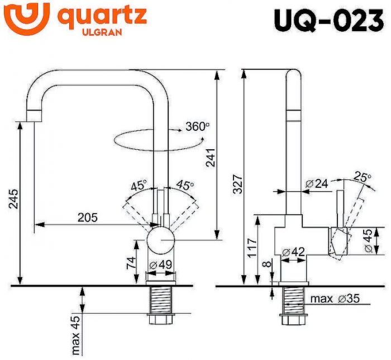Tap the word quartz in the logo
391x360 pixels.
103,16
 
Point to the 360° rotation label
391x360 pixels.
197,127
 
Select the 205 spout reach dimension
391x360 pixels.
87,217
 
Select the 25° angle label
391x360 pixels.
363,178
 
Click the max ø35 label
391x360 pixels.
333,299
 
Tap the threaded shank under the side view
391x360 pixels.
293,302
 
